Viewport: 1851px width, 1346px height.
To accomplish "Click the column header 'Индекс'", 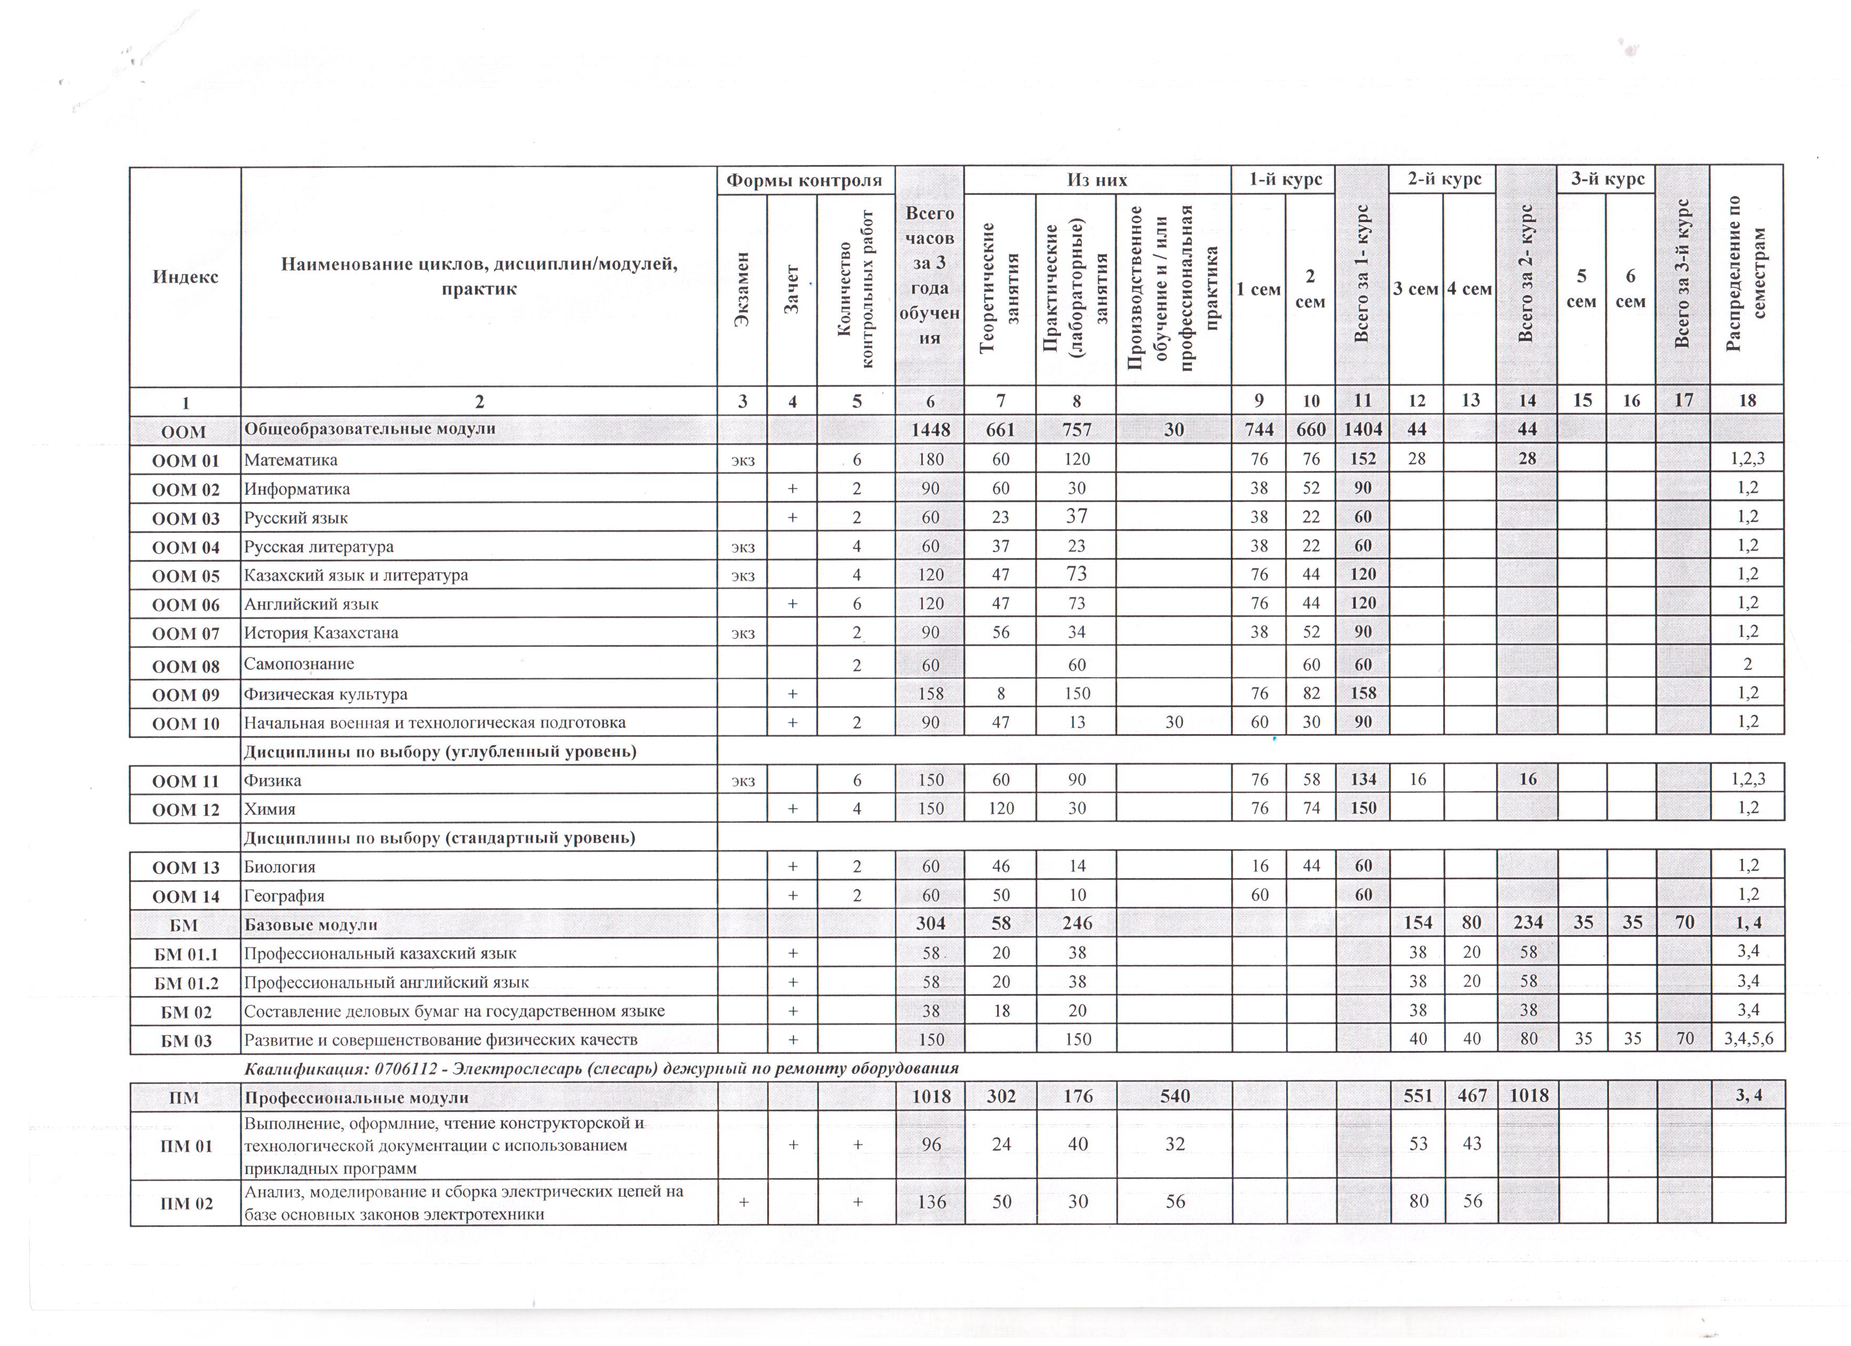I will pyautogui.click(x=185, y=277).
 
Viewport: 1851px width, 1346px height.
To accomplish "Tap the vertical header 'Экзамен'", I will pyautogui.click(x=742, y=290).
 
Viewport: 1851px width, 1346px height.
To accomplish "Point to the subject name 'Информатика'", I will pyautogui.click(x=297, y=489).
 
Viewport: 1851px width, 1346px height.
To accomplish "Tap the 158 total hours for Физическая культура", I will pyautogui.click(x=930, y=694).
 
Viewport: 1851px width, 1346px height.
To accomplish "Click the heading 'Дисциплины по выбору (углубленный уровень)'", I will pyautogui.click(x=440, y=751).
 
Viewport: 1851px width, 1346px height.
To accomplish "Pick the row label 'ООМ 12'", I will pyautogui.click(x=185, y=810).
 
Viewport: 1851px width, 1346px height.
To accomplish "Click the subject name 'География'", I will pyautogui.click(x=284, y=896).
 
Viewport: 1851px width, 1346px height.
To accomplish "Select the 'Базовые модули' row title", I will pyautogui.click(x=312, y=925).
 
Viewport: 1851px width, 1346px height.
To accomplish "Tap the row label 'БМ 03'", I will pyautogui.click(x=185, y=1041).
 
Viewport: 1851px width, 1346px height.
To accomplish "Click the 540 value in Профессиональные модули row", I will pyautogui.click(x=1174, y=1096).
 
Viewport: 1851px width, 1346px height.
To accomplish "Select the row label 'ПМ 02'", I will pyautogui.click(x=185, y=1203).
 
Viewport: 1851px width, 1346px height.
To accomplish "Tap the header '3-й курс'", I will pyautogui.click(x=1607, y=179).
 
